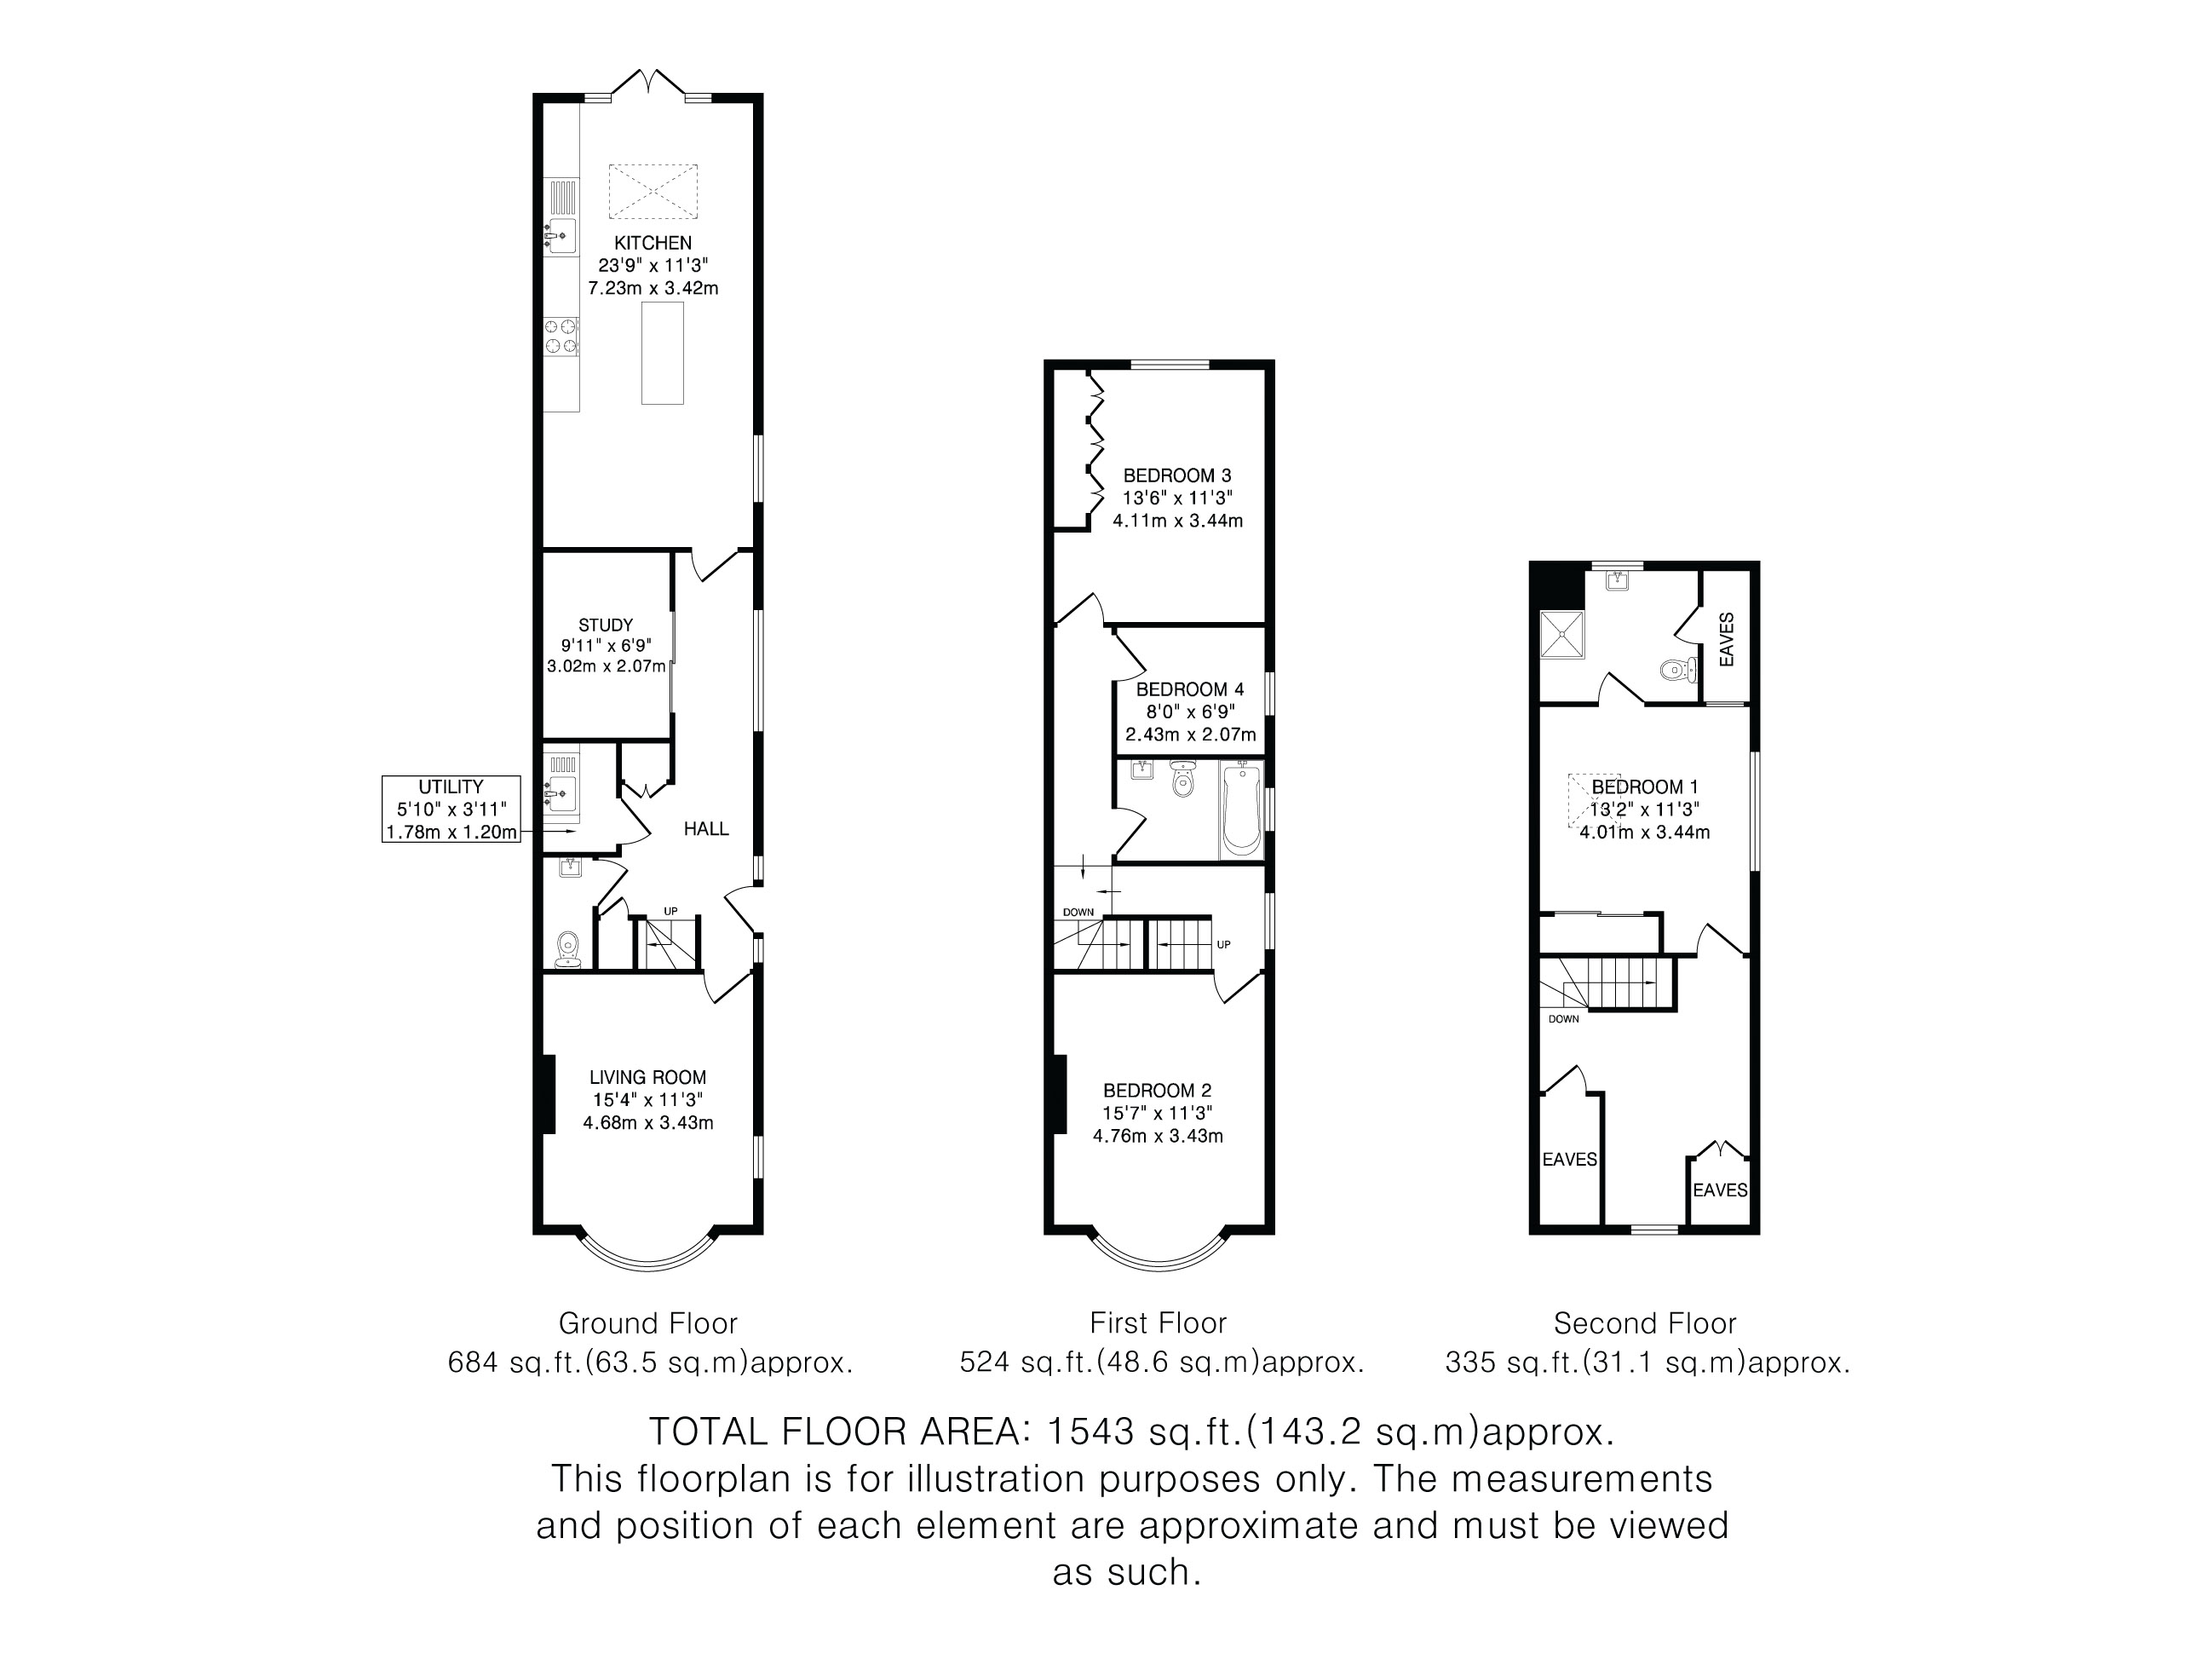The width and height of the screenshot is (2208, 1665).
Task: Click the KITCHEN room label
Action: (x=653, y=243)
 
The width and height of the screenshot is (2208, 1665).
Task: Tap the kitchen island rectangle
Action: (x=662, y=353)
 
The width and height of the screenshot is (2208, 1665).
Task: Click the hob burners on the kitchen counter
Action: (x=561, y=336)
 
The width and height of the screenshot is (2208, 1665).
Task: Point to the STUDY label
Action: (x=606, y=625)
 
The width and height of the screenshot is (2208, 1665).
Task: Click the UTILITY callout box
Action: (x=451, y=809)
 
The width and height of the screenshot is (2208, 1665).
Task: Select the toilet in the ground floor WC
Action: (x=568, y=950)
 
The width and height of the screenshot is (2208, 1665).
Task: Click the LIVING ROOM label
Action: (x=647, y=1077)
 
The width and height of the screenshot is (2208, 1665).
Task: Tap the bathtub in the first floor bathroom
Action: (x=1241, y=809)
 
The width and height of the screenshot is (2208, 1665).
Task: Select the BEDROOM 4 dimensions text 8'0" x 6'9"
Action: (x=1190, y=712)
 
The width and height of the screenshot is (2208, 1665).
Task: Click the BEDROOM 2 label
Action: (x=1158, y=1091)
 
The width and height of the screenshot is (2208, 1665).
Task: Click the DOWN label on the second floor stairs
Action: (x=1564, y=1019)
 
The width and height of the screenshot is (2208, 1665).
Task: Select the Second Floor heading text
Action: (x=1645, y=1323)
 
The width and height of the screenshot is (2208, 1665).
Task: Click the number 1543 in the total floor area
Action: (x=1090, y=1432)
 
